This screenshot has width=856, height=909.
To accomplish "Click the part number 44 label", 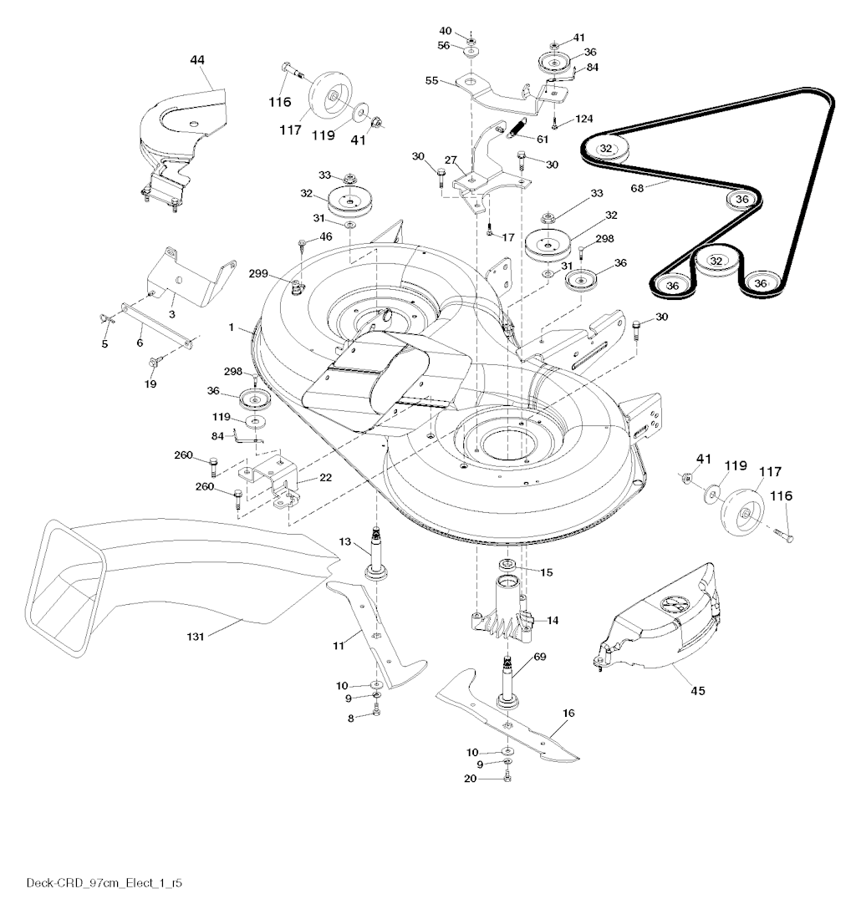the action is (197, 59).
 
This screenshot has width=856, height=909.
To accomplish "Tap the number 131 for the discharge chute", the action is (196, 637).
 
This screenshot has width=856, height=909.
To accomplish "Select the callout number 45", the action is (698, 690).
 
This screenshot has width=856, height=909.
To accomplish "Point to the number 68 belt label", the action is (637, 188).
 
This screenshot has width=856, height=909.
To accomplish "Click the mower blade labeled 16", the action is (507, 717).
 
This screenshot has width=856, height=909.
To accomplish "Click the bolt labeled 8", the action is (377, 709).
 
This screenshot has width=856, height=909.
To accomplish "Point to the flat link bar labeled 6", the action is (156, 326).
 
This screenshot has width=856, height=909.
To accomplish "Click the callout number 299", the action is (258, 273).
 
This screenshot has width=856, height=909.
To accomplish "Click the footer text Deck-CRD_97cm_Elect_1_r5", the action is (104, 883).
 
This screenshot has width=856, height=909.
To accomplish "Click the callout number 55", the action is (431, 80).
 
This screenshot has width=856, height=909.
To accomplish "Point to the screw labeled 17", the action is (490, 231).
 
